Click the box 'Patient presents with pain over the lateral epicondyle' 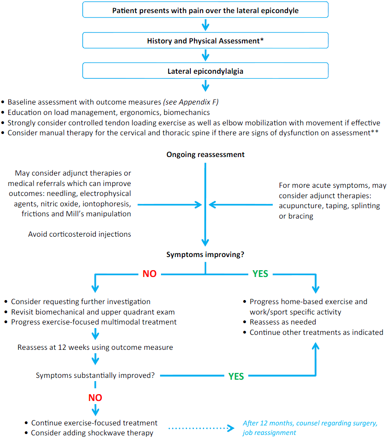point(205,10)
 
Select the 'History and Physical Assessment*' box point(205,41)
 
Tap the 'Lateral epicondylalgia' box point(205,71)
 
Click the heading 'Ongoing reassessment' point(205,154)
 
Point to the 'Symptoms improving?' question point(205,254)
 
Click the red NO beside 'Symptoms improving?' point(149,274)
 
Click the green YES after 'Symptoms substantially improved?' point(236,376)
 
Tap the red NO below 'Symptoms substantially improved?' point(95,397)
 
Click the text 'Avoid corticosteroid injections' point(80,234)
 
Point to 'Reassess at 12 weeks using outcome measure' point(95,348)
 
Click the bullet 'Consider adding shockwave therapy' point(92,433)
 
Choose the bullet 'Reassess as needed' point(283,322)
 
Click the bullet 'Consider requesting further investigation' point(80,301)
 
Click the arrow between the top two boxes point(205,25)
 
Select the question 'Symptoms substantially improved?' point(95,376)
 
